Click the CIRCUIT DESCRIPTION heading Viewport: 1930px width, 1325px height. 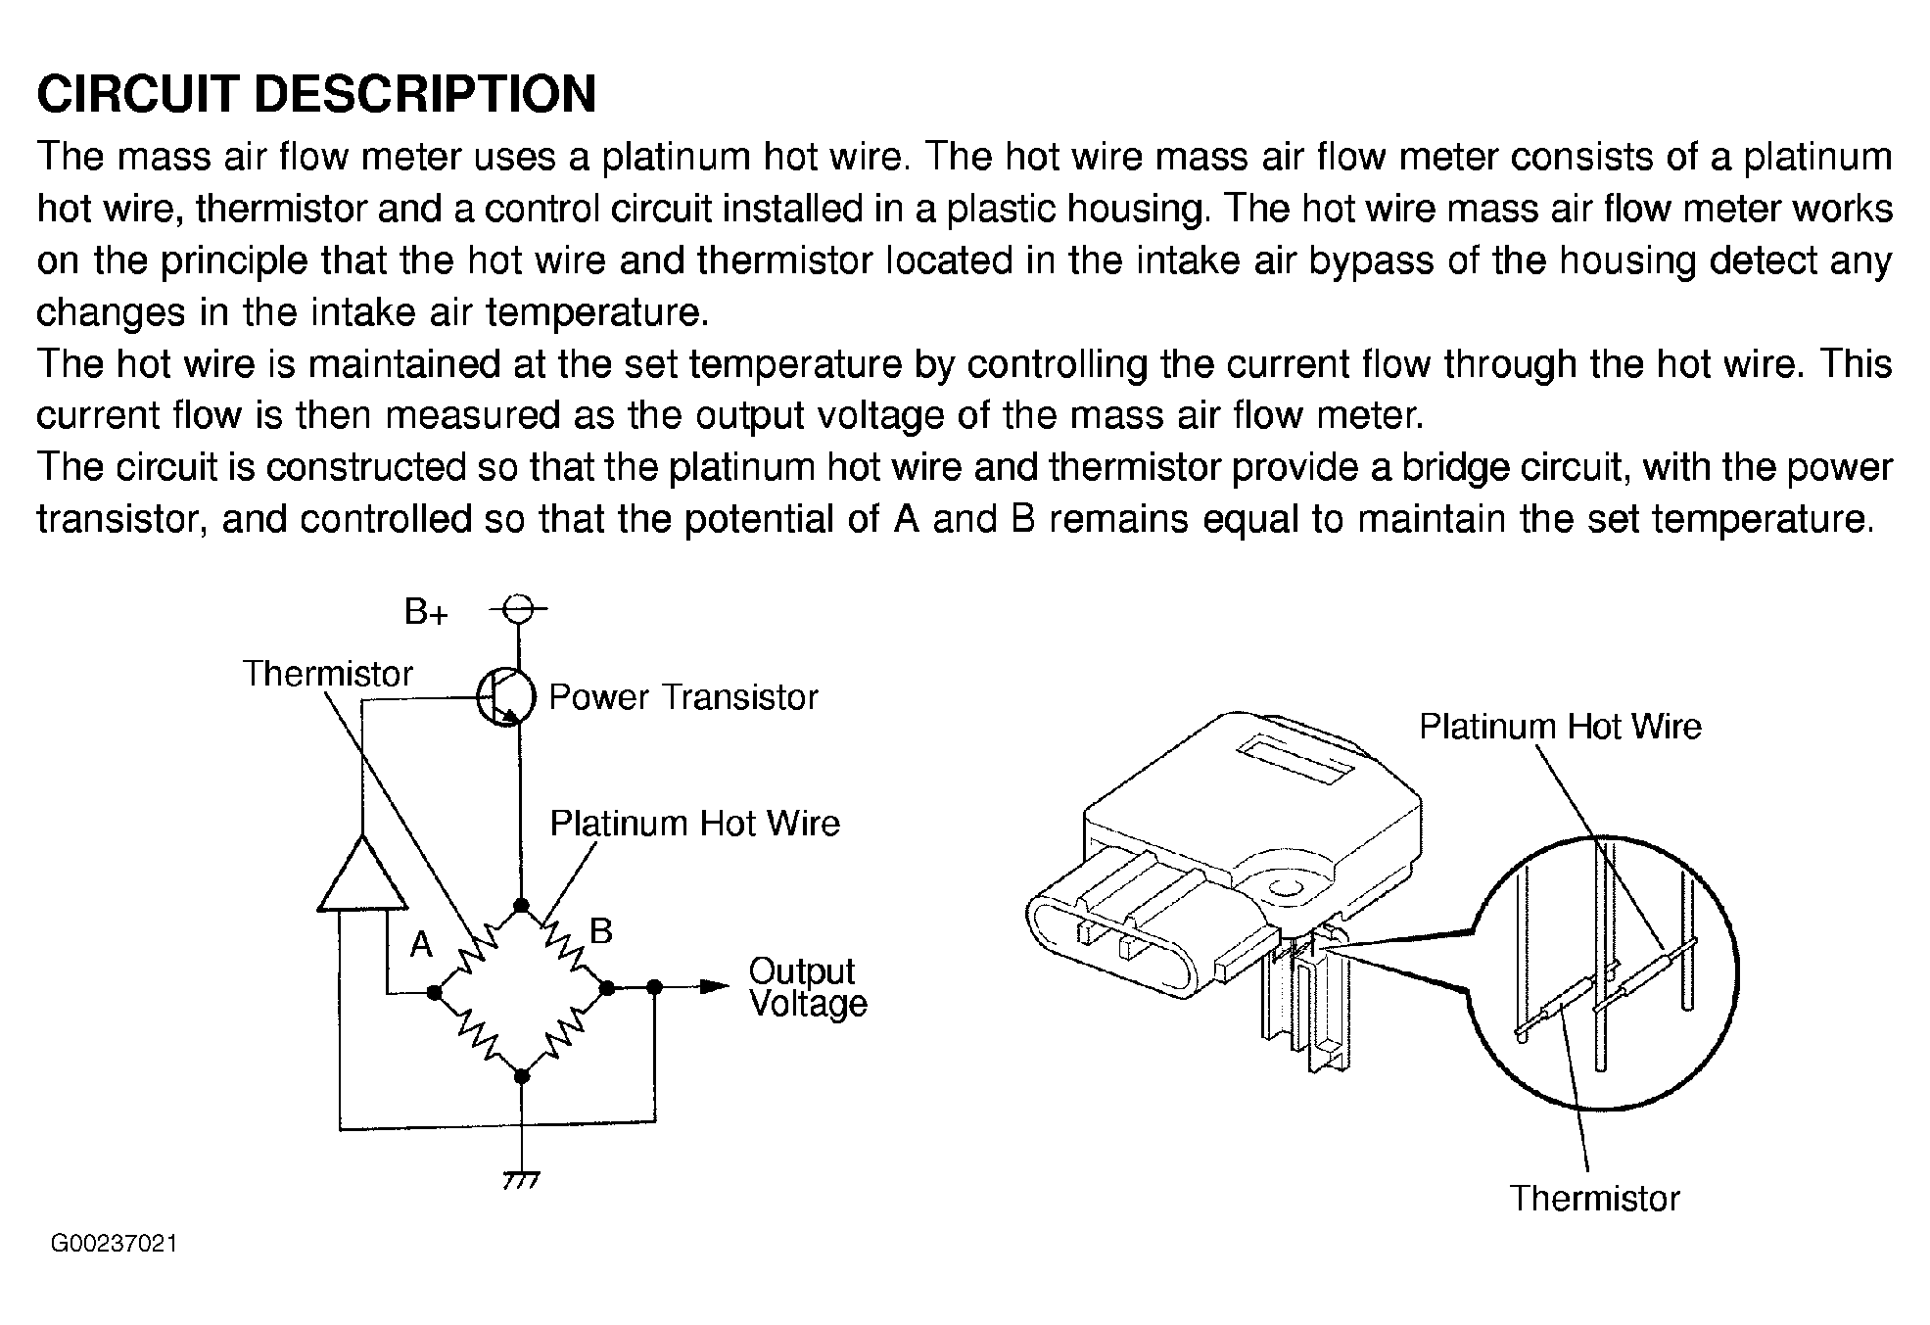coord(316,95)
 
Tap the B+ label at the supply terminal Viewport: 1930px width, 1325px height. coord(426,614)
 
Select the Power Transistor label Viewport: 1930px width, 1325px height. coord(683,697)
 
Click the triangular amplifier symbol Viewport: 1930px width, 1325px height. coord(362,875)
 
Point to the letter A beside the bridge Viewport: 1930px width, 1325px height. coord(421,944)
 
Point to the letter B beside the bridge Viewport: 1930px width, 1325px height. coord(601,930)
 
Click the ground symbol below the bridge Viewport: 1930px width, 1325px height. coord(521,1178)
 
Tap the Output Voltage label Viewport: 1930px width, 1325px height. coord(807,987)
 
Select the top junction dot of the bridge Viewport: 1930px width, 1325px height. coord(522,905)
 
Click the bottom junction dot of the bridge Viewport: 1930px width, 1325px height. coord(522,1075)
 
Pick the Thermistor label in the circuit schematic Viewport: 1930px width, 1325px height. coord(328,674)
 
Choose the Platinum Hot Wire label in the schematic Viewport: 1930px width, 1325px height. coord(694,824)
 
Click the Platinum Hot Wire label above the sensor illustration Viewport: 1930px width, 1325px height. coord(1560,727)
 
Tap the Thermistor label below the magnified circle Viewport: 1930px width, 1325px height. coord(1593,1199)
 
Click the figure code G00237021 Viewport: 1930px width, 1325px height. coord(115,1245)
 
